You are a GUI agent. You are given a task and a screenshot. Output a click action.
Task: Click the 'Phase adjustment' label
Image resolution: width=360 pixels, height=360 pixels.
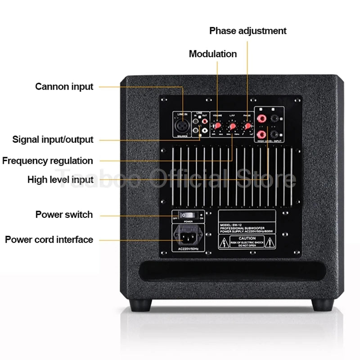click(247, 31)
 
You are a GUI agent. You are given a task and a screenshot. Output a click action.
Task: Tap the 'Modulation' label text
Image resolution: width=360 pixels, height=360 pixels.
click(212, 54)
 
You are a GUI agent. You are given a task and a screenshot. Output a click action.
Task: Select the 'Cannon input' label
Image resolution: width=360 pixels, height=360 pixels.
click(64, 86)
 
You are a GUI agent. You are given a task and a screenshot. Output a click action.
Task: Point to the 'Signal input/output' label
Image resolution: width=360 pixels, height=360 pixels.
click(53, 139)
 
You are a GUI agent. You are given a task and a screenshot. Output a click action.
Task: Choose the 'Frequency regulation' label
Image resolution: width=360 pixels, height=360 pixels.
click(47, 161)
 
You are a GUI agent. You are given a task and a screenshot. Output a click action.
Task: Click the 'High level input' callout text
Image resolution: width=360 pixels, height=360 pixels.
click(60, 180)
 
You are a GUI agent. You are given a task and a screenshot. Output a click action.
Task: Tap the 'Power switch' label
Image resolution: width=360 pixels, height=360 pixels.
click(64, 215)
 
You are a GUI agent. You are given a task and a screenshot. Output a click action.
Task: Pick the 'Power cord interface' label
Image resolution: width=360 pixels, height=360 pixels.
click(49, 239)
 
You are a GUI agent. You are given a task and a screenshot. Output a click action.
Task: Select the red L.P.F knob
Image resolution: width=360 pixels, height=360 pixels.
click(233, 126)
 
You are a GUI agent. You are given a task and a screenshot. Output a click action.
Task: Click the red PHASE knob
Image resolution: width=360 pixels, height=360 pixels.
click(247, 125)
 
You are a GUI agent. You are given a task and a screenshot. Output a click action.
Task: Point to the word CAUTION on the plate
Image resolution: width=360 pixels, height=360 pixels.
click(247, 238)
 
